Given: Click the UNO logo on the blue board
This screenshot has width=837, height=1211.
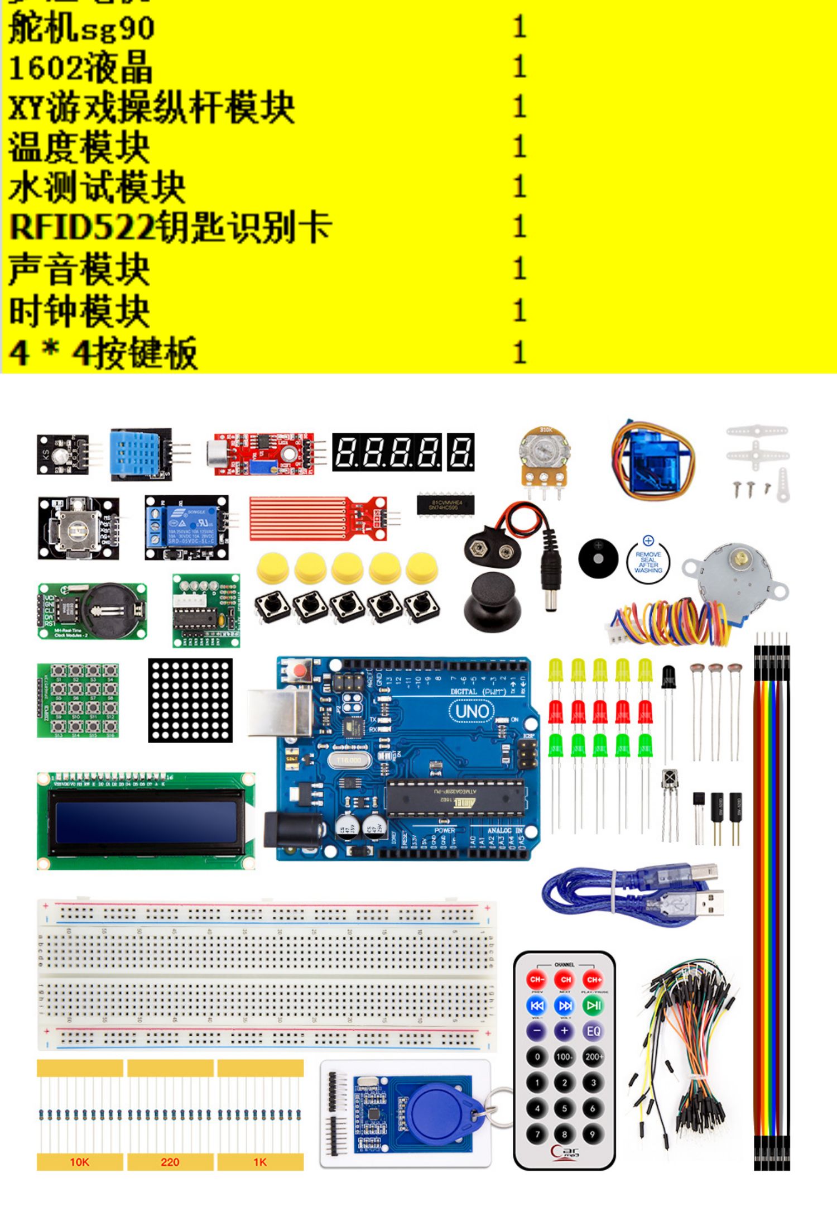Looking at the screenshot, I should pos(472,711).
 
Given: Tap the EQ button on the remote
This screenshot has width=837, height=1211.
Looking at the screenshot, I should pos(593,1031).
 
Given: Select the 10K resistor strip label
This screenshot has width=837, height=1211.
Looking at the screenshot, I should pos(79,1162).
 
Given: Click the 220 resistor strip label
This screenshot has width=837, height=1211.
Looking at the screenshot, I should pos(170,1162).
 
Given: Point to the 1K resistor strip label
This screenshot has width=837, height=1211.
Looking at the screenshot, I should pos(260,1162).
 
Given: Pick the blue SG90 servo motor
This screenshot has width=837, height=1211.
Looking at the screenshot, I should pos(653,461).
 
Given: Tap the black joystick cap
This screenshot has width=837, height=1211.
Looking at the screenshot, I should pos(492,600).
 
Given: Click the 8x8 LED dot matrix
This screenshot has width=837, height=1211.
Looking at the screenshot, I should pos(190,700).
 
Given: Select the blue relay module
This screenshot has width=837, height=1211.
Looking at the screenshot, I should pos(187,527).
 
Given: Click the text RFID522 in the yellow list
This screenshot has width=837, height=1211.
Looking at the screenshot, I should pos(81,227).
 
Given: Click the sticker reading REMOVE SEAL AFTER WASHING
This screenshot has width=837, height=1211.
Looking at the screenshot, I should pos(648,562).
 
